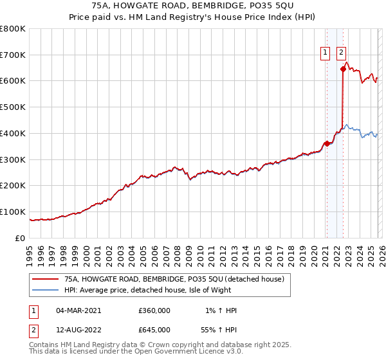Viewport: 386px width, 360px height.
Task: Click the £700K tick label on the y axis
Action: pos(13,55)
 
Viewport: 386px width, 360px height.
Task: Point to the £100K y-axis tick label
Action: pos(13,212)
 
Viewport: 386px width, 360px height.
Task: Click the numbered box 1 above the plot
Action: pos(326,53)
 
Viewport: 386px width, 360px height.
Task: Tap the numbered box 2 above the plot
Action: pos(340,53)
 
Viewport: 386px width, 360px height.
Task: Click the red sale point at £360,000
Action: pos(327,143)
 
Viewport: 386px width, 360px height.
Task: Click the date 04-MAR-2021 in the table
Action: pos(78,310)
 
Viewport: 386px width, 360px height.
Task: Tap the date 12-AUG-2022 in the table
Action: pos(78,330)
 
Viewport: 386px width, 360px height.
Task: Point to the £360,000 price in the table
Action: pos(154,310)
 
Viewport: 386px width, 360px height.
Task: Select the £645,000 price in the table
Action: pos(154,330)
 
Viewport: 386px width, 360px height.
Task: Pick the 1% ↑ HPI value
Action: pos(221,310)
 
